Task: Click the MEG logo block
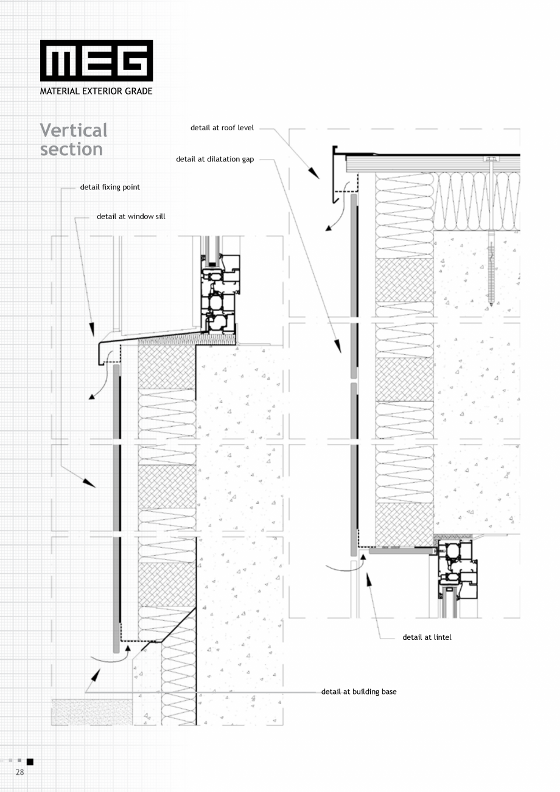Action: coord(96,60)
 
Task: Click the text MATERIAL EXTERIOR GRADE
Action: coord(96,91)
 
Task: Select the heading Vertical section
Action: coord(73,139)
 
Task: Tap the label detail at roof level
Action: coord(222,128)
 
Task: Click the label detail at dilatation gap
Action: coord(215,159)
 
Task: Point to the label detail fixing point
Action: coord(110,187)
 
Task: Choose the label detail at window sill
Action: coord(131,216)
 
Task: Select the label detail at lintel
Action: coord(427,637)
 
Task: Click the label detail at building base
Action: coord(359,692)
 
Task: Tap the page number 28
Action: coord(19,772)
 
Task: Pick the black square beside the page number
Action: coord(30,762)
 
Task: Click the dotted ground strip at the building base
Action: coord(91,712)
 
